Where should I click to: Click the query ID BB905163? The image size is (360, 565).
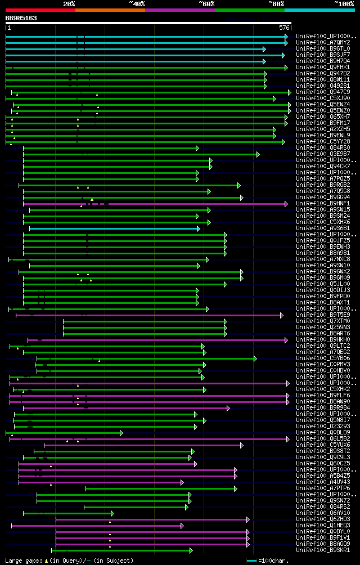(21, 18)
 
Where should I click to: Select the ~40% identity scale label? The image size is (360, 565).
(137, 3)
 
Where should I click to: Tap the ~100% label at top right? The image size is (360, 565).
(344, 3)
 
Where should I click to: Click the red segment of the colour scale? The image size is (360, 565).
(40, 10)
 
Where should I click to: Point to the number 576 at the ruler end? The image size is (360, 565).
(284, 27)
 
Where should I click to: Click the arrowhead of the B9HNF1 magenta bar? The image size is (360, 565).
(286, 204)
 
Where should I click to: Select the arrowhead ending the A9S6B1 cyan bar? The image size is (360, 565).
(199, 228)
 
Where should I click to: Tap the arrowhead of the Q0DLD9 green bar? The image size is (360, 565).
(121, 433)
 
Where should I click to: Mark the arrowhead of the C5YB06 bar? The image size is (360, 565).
(255, 358)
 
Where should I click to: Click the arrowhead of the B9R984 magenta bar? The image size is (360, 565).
(228, 408)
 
